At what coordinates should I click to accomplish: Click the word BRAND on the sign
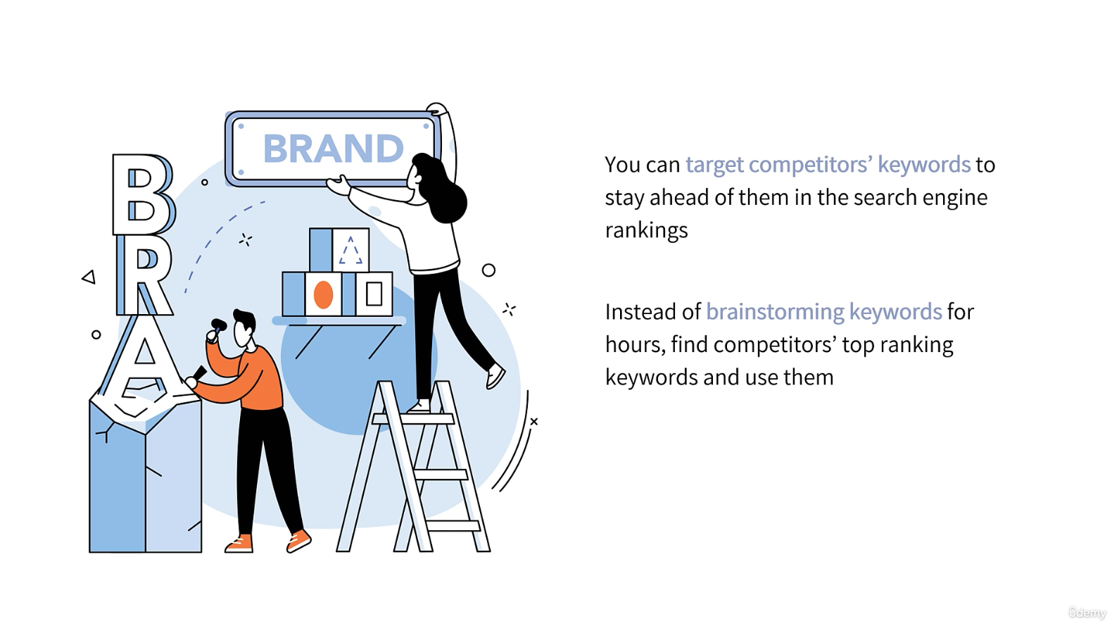click(x=333, y=148)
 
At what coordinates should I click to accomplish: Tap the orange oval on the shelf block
click(x=323, y=294)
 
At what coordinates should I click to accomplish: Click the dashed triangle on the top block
click(x=350, y=251)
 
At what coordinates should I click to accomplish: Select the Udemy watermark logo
click(x=1087, y=612)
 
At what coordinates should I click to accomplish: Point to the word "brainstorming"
click(x=775, y=312)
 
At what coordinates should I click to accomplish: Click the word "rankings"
click(x=646, y=230)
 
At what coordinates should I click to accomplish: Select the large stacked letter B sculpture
click(x=144, y=194)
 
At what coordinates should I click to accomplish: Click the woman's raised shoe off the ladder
click(x=495, y=377)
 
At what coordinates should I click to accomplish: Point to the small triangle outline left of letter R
click(x=89, y=277)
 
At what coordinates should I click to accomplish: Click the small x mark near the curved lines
click(x=534, y=422)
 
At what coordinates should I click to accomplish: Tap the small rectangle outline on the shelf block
click(x=374, y=294)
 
